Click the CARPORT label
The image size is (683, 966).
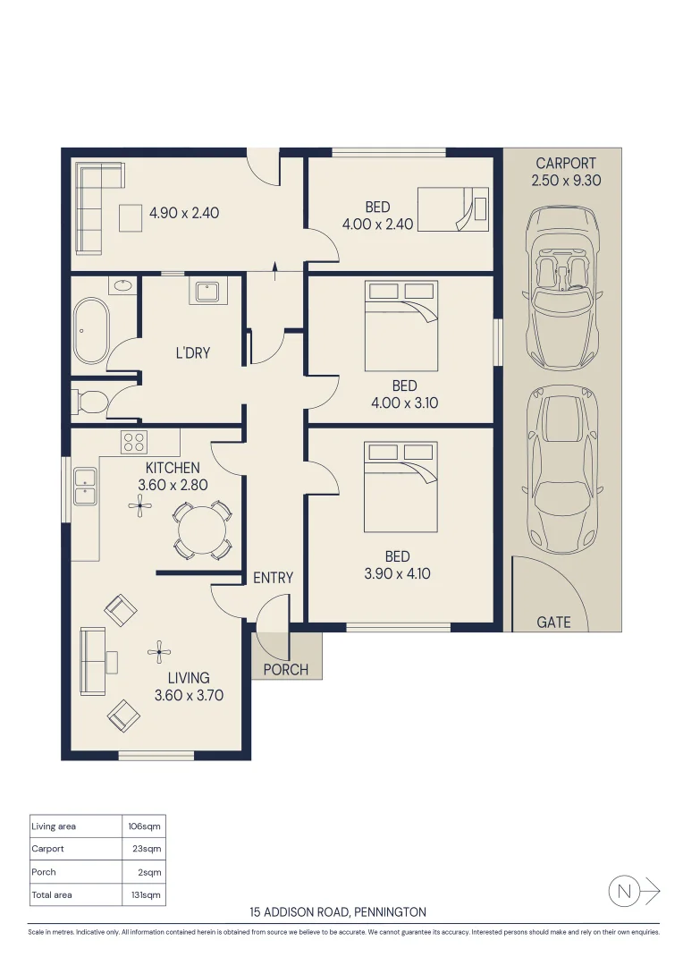coord(565,164)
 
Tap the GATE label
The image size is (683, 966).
coord(553,623)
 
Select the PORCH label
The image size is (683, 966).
coord(286,670)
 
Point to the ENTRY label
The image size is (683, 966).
coord(273,578)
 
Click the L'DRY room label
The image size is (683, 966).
coord(193,353)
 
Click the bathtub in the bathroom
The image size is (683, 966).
coord(91,331)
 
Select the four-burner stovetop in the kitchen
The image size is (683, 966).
coord(134,442)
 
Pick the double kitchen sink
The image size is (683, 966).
coord(85,486)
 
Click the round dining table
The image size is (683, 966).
coord(203,530)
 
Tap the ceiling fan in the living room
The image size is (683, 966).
coord(159,651)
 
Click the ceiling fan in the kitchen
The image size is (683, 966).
coord(139,506)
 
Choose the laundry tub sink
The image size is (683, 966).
coord(207,292)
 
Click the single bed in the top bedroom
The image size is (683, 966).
coord(453,209)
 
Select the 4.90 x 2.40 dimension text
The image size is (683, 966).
coord(184,213)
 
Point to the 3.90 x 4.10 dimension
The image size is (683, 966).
coord(397,573)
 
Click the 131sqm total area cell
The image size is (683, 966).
coord(146,894)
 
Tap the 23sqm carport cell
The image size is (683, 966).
coord(147,848)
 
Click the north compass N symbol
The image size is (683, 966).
coord(624,891)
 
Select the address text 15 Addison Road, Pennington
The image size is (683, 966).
coord(338,911)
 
